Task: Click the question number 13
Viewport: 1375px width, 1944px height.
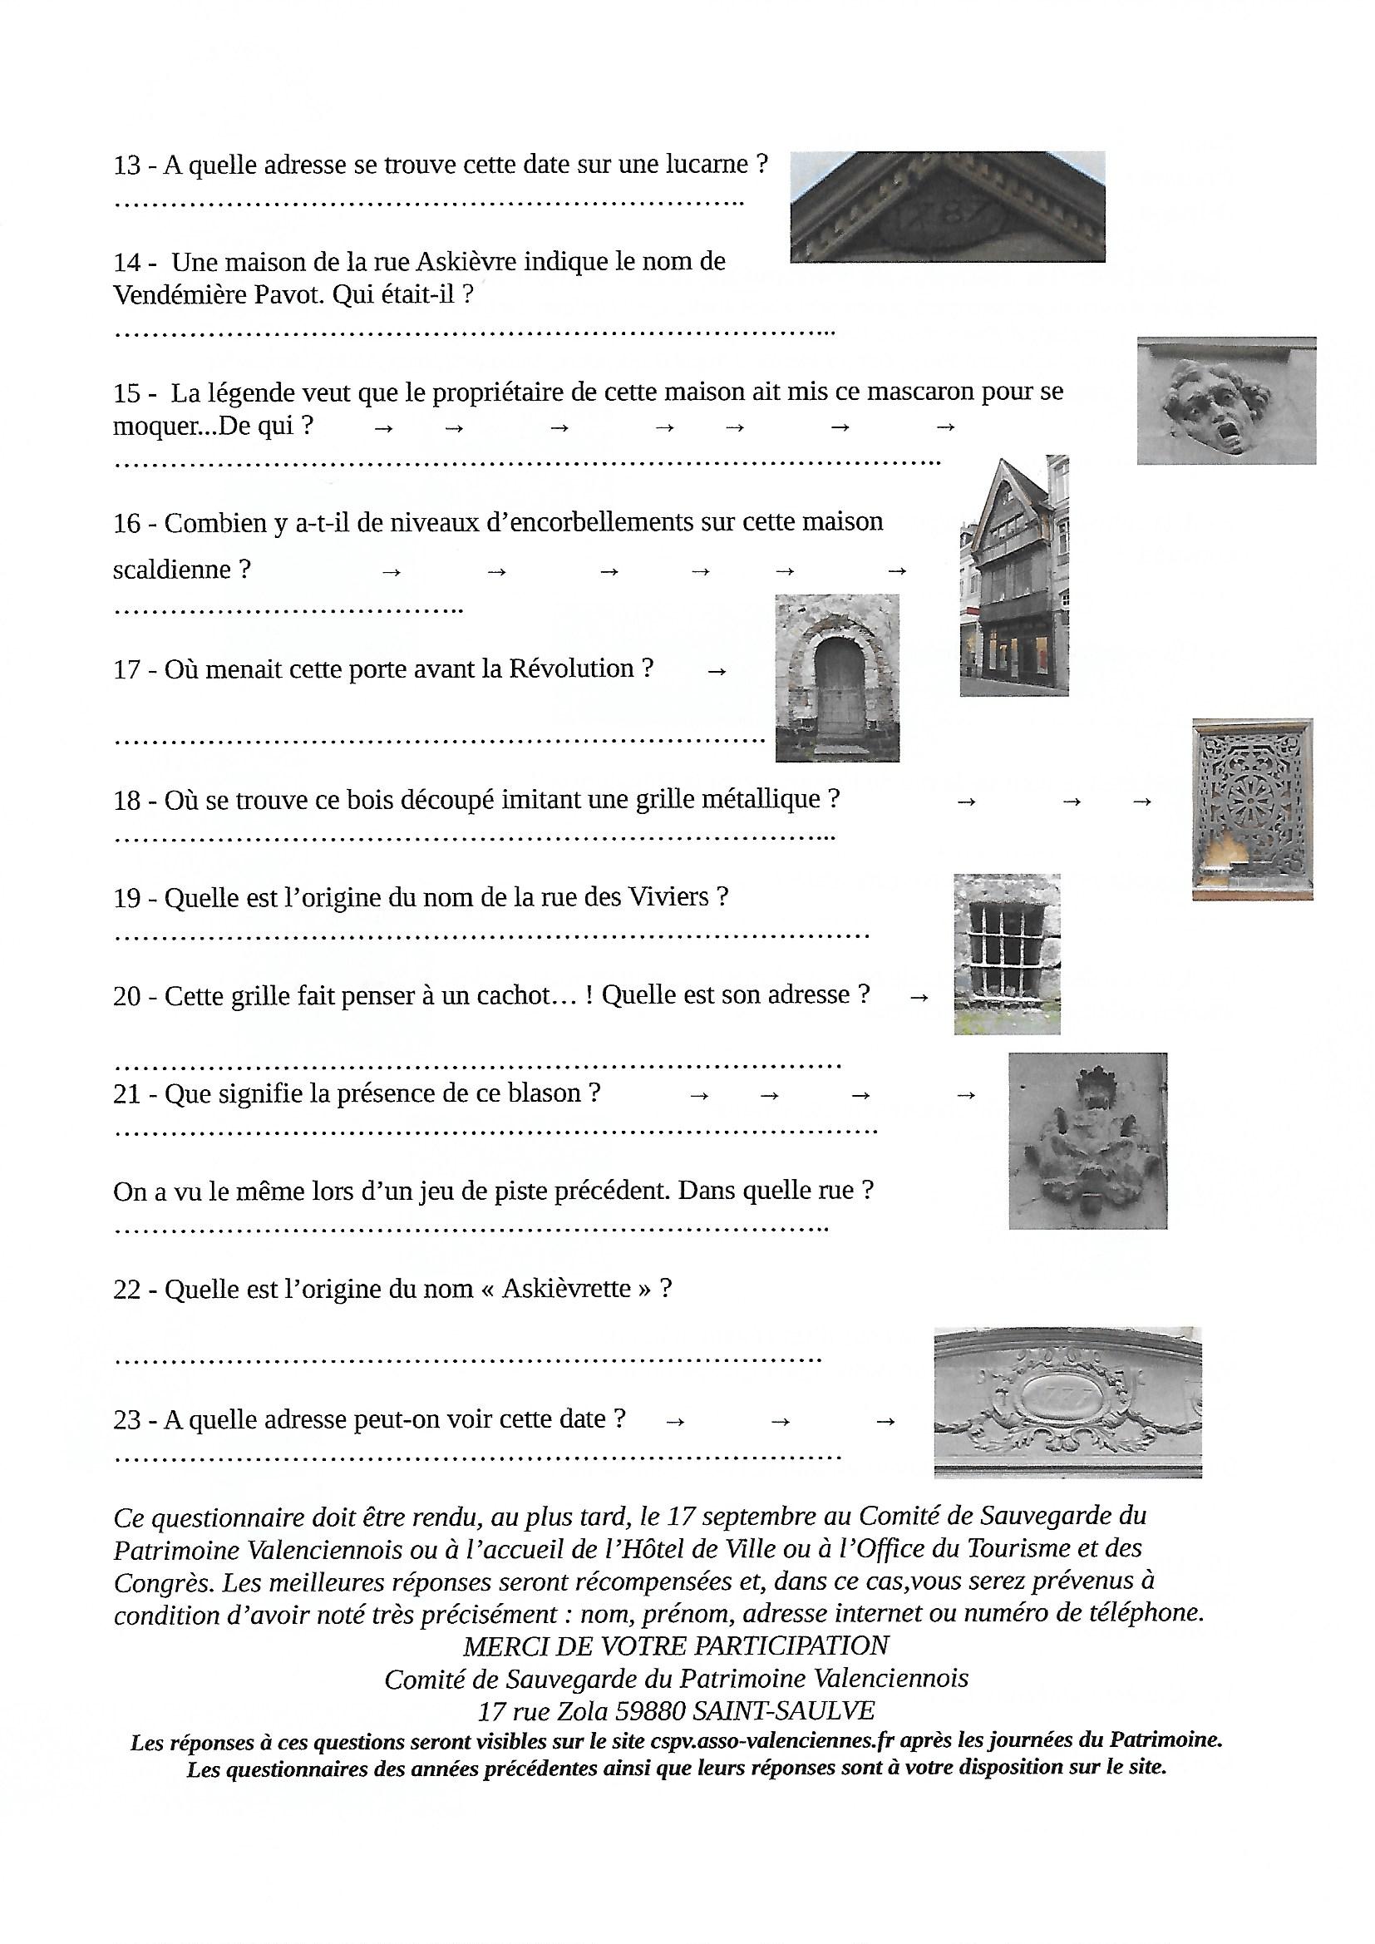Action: [127, 165]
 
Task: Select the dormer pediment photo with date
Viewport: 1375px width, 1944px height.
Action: [948, 206]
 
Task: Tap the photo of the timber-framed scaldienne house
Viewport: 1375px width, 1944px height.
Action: [1014, 575]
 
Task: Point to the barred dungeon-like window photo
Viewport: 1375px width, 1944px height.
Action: [1007, 955]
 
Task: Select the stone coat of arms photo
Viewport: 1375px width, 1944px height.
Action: [1088, 1141]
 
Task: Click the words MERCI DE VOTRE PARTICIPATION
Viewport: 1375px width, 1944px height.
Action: [676, 1645]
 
